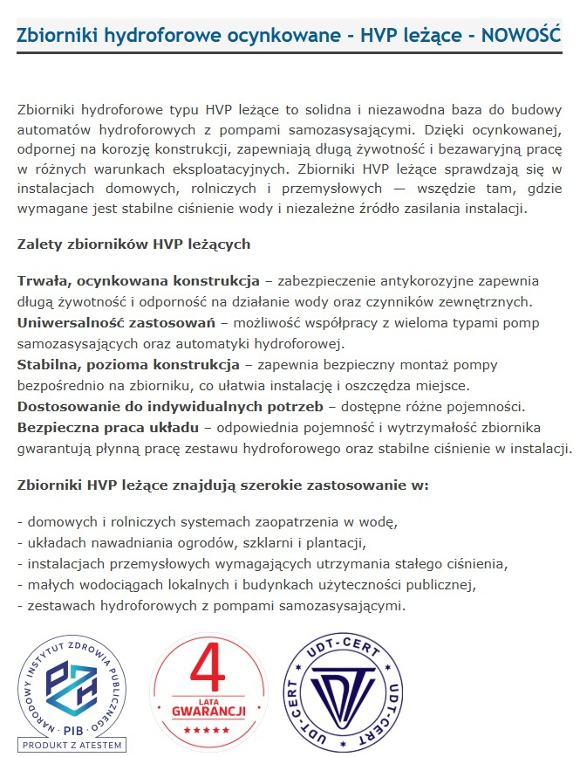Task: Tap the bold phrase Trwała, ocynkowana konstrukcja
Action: tap(139, 281)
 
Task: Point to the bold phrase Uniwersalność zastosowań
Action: tap(116, 322)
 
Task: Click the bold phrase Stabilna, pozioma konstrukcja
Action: tap(128, 364)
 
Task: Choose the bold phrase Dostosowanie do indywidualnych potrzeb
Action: tap(170, 406)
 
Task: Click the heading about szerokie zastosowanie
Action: tap(223, 485)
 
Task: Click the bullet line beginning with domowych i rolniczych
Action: tap(208, 522)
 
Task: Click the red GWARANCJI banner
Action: tap(207, 709)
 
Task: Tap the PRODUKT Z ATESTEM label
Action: tap(73, 745)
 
